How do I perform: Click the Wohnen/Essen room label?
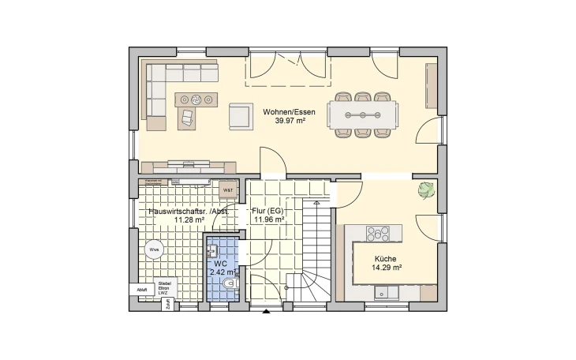294,112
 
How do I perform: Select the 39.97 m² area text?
294,122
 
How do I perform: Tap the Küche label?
386,259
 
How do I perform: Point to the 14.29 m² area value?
386,268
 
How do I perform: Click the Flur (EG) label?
267,212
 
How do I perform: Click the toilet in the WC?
229,283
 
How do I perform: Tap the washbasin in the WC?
211,251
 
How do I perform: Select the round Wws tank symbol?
153,249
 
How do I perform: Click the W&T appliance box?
227,189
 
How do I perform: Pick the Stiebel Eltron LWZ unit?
165,287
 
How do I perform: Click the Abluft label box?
142,290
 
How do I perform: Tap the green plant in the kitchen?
426,190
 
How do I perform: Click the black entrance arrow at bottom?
266,313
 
